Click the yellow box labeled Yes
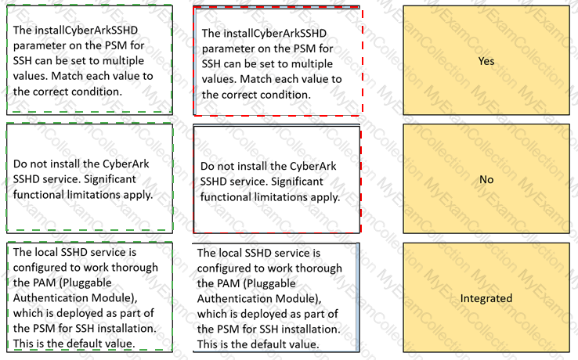coord(486,60)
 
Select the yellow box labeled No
coord(486,178)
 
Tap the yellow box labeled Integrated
coord(486,297)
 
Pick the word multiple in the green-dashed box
coord(123,60)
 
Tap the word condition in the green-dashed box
coord(95,92)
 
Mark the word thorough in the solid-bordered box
coord(319,268)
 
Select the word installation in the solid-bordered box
coord(309,329)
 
